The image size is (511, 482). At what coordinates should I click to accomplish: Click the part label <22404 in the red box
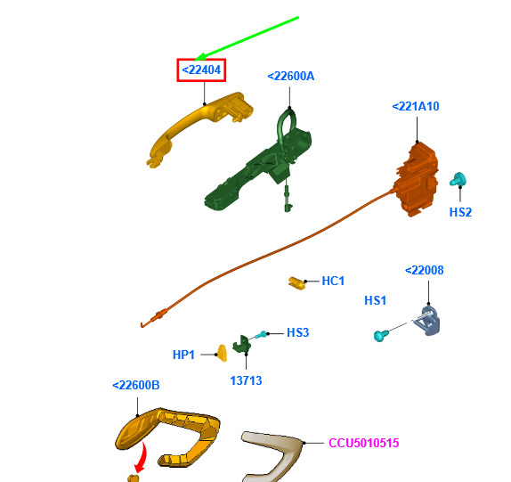[x=201, y=69]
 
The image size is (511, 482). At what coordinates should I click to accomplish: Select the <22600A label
[x=291, y=77]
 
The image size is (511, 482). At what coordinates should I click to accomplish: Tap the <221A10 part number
[x=416, y=106]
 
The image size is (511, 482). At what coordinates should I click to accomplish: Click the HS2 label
[x=460, y=212]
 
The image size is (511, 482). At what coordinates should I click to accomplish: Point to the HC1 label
[x=333, y=281]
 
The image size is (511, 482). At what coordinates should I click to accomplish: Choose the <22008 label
[x=424, y=270]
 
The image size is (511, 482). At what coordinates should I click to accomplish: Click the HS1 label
[x=375, y=300]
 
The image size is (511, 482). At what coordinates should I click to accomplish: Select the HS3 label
[x=298, y=332]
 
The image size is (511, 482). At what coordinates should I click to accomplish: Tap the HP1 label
[x=183, y=355]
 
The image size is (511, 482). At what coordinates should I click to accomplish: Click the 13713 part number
[x=246, y=380]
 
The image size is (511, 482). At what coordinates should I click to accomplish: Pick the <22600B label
[x=136, y=385]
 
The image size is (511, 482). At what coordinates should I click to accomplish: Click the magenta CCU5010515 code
[x=364, y=443]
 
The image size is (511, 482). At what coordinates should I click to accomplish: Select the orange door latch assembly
[x=417, y=179]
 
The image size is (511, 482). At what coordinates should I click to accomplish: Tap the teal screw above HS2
[x=458, y=179]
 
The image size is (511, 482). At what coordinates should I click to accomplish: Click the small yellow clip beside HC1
[x=296, y=282]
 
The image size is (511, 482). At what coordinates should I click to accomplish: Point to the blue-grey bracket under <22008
[x=427, y=321]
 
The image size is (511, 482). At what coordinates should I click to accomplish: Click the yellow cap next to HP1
[x=222, y=353]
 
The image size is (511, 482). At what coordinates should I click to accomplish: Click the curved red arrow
[x=142, y=457]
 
